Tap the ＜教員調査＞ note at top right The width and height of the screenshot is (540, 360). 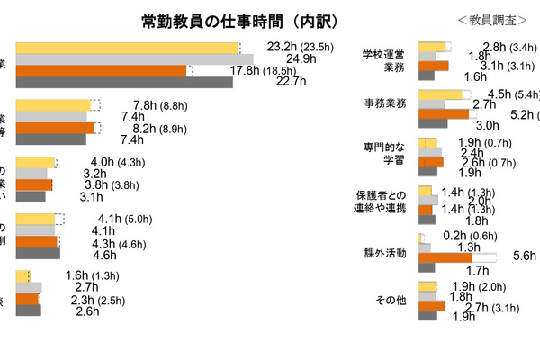coord(490,19)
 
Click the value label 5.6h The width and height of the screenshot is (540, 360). coord(524,256)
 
